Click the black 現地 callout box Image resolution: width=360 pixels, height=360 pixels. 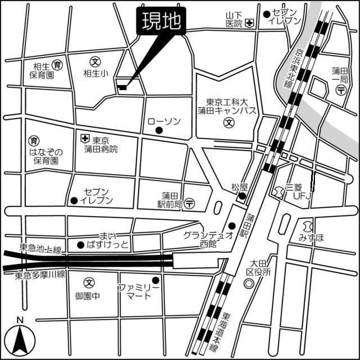160,22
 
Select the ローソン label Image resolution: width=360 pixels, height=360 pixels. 164,121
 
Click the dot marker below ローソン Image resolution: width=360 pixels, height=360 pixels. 159,131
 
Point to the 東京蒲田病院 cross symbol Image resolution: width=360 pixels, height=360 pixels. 84,138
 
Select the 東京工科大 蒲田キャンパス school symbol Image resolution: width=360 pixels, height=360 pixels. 229,121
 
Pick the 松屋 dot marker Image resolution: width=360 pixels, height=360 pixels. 241,196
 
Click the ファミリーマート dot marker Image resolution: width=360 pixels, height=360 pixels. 156,280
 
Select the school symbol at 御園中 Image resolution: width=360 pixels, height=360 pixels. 88,282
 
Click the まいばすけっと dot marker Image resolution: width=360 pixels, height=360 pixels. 80,245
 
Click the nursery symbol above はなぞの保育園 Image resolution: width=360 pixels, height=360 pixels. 33,140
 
